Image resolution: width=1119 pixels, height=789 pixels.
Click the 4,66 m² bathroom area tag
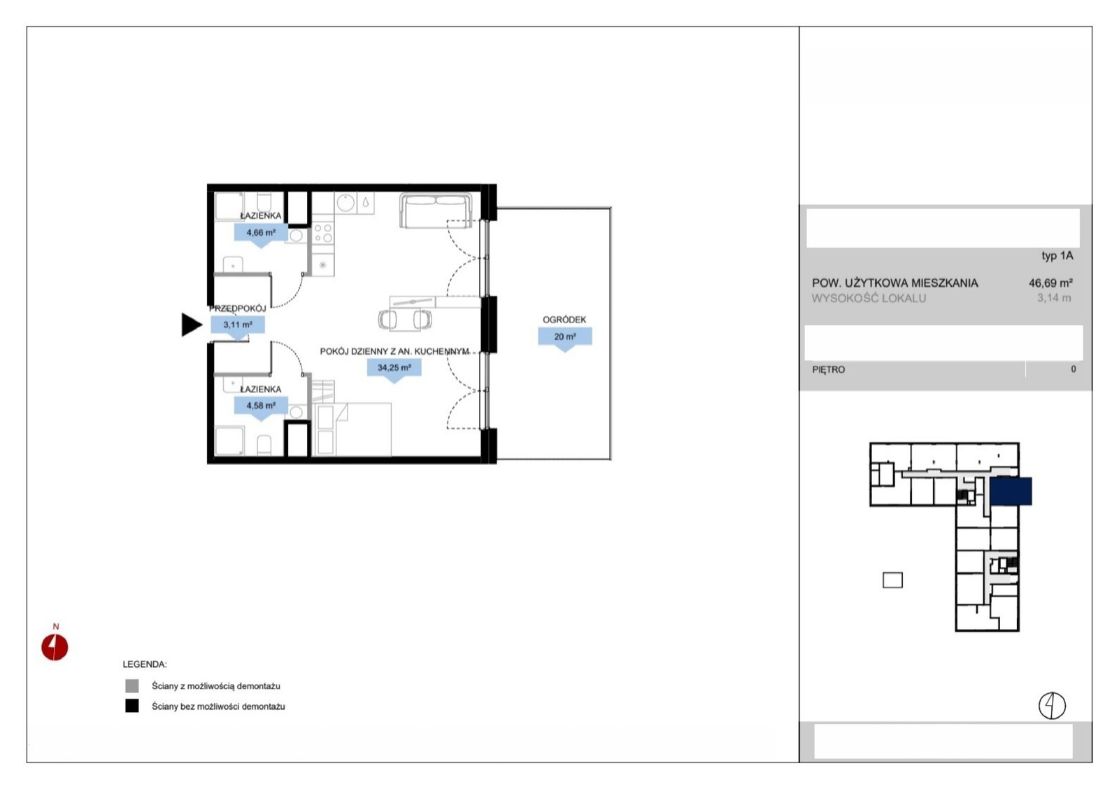tap(261, 234)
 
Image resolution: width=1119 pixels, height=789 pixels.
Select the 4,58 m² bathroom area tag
tap(261, 406)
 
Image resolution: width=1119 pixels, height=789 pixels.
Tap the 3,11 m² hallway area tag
tap(238, 325)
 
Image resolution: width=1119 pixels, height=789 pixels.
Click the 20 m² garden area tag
tap(565, 337)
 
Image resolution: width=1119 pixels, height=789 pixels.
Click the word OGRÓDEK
tap(564, 320)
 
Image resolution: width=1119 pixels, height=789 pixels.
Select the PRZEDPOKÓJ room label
tap(237, 308)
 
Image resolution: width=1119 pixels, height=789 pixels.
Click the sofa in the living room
tap(436, 211)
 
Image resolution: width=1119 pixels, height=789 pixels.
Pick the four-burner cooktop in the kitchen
tap(322, 233)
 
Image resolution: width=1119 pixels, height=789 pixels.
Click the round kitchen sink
tap(345, 203)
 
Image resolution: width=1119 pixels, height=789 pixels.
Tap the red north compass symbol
tap(55, 647)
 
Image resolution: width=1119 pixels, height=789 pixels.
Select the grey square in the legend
tap(132, 686)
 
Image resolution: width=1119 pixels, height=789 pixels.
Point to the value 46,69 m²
tap(1050, 283)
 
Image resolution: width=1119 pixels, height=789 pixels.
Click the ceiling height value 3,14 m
tap(1054, 298)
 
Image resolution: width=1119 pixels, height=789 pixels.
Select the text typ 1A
tap(1057, 256)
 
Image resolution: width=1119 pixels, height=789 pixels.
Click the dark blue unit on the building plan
tap(1011, 491)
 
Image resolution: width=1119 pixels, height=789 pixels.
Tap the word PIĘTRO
tap(829, 370)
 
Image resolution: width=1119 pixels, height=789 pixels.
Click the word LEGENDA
tap(145, 664)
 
